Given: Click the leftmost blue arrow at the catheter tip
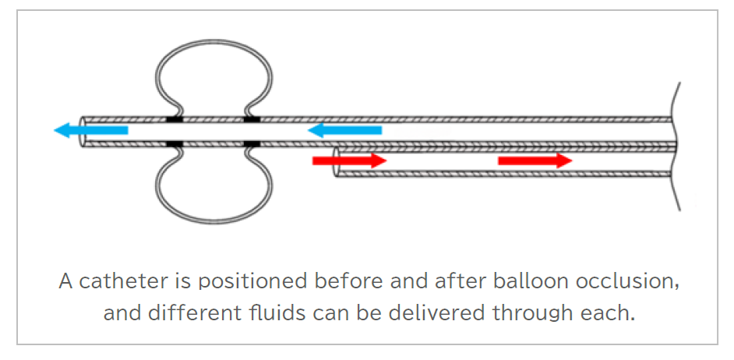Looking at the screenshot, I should point(90,130).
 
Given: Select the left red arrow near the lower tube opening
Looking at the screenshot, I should point(349,161).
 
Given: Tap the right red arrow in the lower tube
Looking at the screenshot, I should point(535,161).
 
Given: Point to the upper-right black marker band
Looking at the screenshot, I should point(252,119).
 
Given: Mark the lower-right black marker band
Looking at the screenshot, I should point(252,144).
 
